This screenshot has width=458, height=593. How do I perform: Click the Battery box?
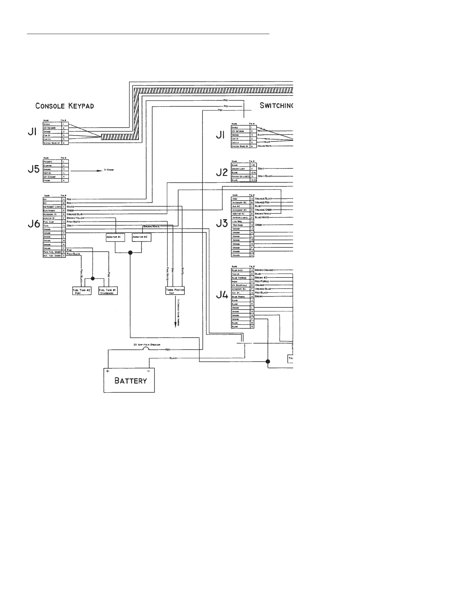point(129,380)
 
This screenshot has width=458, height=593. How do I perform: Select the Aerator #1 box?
point(113,237)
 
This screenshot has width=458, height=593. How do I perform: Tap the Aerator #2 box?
point(141,237)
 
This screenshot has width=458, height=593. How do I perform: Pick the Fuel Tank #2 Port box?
point(82,291)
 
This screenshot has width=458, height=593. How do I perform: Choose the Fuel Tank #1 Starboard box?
point(108,291)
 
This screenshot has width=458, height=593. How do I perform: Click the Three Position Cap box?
point(175,291)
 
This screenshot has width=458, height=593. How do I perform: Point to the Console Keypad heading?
point(65,106)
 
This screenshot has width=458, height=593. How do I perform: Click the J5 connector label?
point(34,170)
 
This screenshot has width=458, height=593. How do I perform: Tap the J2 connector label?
point(222,173)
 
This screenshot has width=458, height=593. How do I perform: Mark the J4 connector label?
point(222,296)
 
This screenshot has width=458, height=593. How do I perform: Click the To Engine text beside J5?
point(109,170)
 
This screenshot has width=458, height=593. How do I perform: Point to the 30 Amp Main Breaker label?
point(147,344)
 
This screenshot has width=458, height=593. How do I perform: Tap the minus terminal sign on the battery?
point(149,371)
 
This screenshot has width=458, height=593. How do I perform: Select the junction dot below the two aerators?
point(130,253)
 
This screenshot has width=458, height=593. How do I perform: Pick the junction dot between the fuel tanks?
point(93,279)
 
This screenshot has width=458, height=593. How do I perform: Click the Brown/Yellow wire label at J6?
point(76,218)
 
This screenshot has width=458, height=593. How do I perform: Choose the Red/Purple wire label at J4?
point(262,281)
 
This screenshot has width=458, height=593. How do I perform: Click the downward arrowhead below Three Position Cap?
point(175,325)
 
